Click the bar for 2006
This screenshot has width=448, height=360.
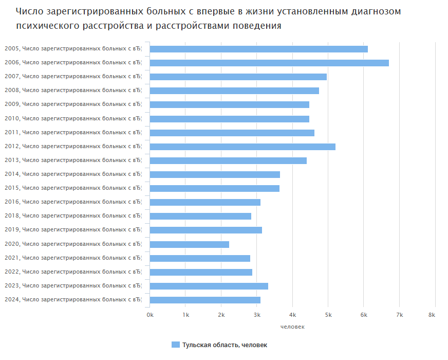(269, 63)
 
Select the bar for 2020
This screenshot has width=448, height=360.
(190, 244)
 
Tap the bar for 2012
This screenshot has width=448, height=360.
(242, 147)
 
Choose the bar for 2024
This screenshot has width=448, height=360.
(205, 300)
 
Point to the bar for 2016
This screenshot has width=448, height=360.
(205, 202)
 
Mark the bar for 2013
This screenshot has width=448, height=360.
(228, 160)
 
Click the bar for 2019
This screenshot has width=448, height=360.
(206, 230)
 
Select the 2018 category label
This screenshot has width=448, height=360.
(72, 216)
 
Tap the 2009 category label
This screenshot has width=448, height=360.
(72, 104)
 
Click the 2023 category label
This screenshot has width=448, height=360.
(72, 286)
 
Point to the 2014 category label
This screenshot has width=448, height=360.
(72, 174)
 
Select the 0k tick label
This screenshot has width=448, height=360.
(150, 315)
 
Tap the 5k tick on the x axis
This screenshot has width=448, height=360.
(328, 315)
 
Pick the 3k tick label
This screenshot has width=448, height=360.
(257, 315)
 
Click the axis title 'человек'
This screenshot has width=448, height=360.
(292, 327)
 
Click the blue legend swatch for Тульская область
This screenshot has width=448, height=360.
(175, 345)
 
